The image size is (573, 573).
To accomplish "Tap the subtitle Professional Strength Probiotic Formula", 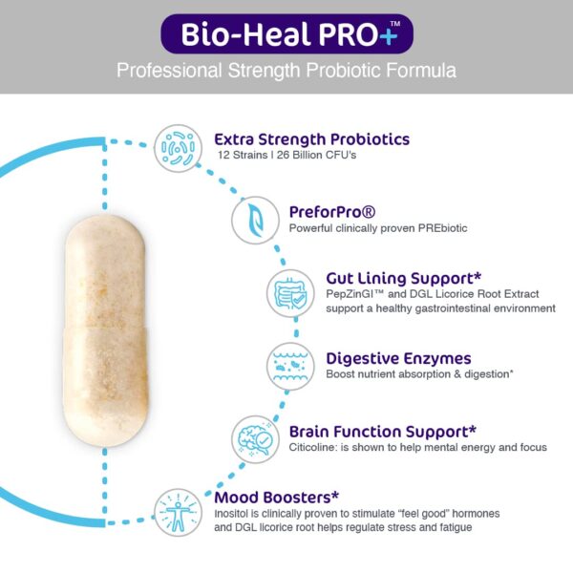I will click(286, 71).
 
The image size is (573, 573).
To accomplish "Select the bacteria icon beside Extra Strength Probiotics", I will click(179, 148).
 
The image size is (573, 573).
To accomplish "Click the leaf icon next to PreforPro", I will click(254, 219).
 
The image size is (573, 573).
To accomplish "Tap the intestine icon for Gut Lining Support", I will click(290, 290).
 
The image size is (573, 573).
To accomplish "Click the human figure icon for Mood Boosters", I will click(179, 511).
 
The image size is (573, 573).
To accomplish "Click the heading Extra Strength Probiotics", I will click(311, 138).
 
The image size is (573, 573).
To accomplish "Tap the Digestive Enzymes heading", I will click(398, 358).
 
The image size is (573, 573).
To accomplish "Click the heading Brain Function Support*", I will click(382, 430).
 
